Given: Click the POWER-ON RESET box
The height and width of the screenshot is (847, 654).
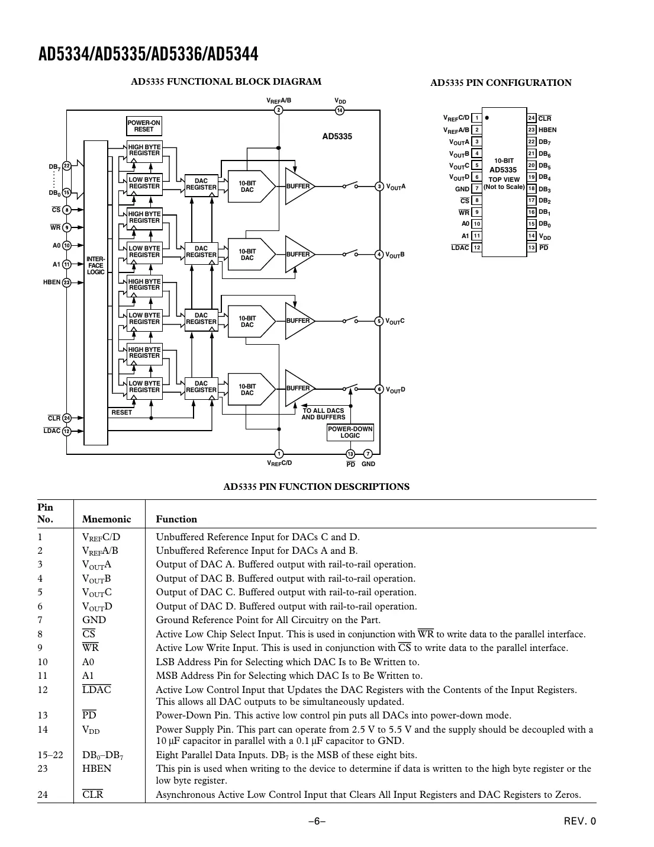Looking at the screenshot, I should (x=144, y=126).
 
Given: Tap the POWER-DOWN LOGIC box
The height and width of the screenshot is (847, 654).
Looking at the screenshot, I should (x=350, y=432).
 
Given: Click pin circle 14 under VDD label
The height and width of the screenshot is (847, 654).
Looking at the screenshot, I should (x=340, y=111).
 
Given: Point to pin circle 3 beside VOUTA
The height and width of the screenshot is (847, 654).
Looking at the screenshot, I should (x=379, y=187).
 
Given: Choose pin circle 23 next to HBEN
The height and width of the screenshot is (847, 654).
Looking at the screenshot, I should (x=67, y=283).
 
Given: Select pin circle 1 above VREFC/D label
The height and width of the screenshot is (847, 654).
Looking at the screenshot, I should (x=279, y=454).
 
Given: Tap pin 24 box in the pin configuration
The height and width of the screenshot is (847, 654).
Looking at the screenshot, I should (x=531, y=118).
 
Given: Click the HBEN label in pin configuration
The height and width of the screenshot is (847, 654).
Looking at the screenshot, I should (x=547, y=130).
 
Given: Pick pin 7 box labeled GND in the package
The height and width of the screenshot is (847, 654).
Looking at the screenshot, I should (x=476, y=189).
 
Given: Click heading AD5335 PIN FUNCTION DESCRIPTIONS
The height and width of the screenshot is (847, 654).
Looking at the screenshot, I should (x=316, y=487).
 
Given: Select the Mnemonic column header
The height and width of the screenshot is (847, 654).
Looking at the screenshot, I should (x=107, y=519).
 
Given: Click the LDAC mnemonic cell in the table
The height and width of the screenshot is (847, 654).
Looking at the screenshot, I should (x=96, y=689).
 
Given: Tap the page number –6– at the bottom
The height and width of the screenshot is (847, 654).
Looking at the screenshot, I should (x=317, y=822).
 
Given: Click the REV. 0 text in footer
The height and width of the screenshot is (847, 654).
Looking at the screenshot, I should (x=579, y=822).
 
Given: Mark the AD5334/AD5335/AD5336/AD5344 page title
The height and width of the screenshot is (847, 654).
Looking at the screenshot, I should (x=149, y=54).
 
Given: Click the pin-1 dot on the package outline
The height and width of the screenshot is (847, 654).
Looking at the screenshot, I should (x=487, y=117).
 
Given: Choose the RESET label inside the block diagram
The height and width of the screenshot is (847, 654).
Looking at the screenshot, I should (x=122, y=412).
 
